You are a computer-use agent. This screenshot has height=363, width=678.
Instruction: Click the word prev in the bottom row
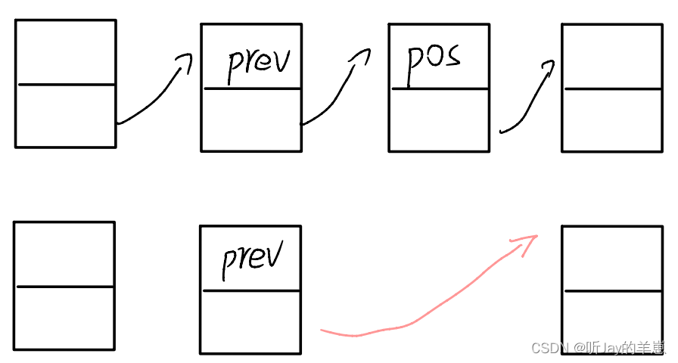252,258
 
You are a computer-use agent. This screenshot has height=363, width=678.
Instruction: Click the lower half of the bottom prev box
250,321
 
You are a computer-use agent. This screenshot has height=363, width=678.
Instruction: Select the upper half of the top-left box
66,52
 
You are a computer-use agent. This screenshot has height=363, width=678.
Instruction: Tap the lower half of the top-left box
66,115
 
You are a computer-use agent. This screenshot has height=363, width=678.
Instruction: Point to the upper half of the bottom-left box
64,254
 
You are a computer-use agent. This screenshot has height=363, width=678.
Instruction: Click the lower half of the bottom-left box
64,318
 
